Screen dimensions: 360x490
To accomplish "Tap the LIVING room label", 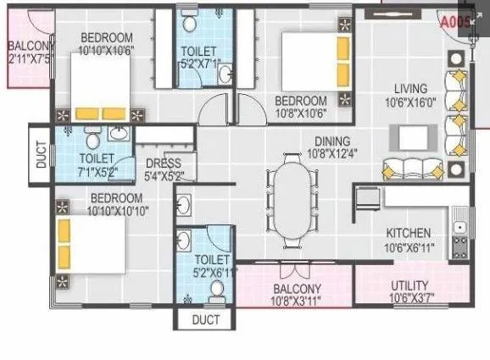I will tap(410, 88).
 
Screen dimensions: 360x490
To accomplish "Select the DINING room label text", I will tap(309, 142).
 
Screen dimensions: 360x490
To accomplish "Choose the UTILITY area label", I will tap(409, 285).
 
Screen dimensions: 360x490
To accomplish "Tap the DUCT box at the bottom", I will tap(204, 320).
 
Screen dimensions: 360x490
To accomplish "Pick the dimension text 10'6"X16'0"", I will tap(410, 102).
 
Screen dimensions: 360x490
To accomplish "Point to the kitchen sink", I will tap(459, 227).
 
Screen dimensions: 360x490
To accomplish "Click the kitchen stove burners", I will tap(459, 248).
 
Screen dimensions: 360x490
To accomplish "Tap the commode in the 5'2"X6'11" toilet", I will tap(215, 291).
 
